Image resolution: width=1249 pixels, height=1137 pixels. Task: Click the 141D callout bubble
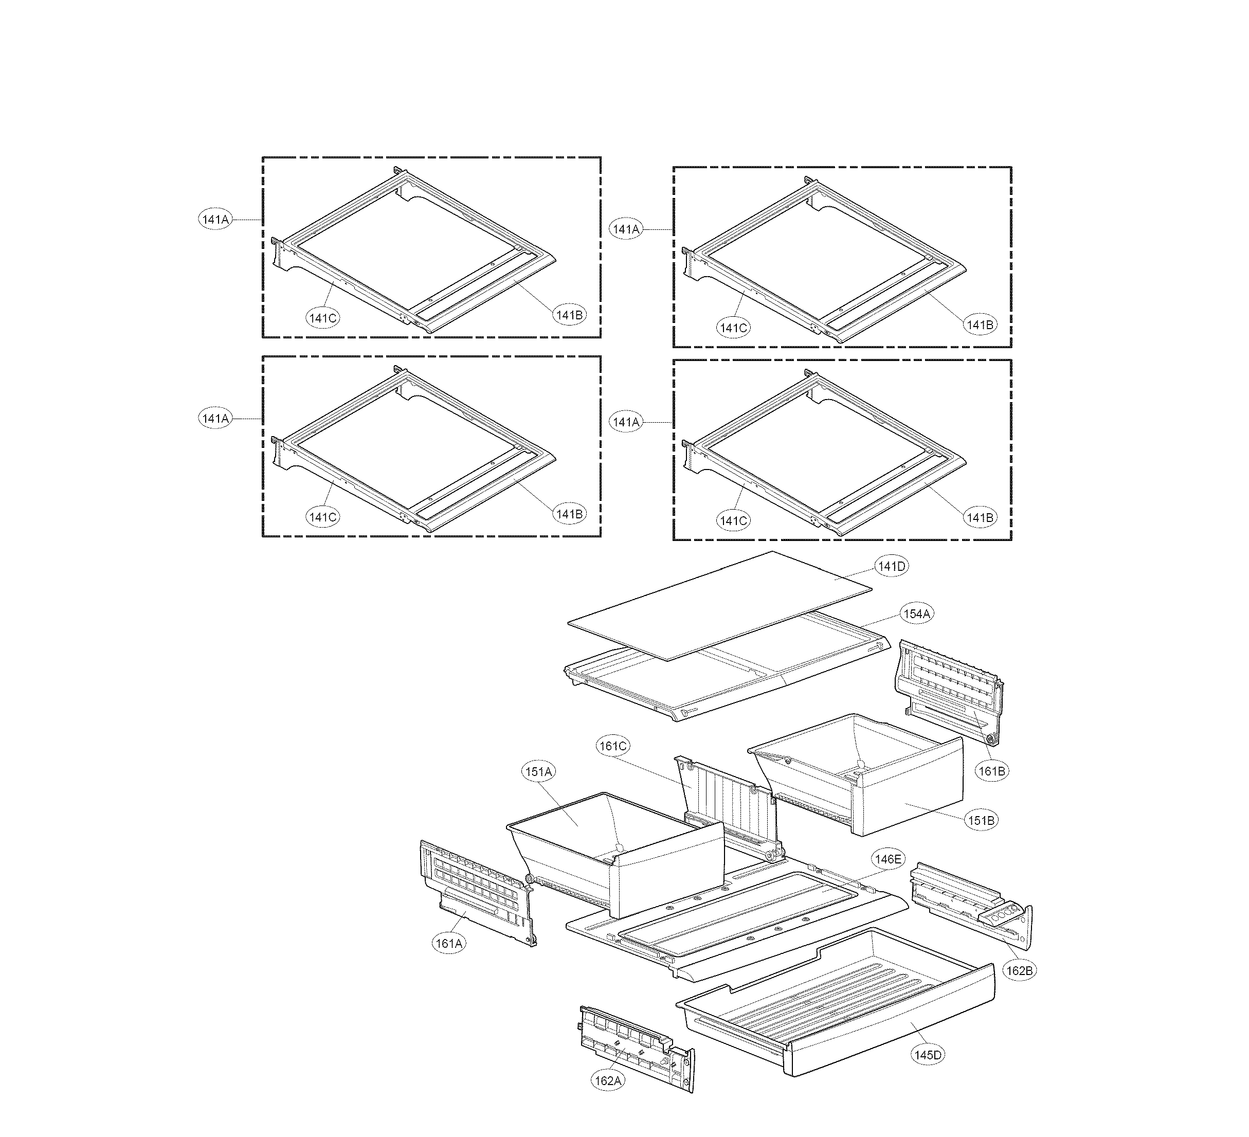pyautogui.click(x=892, y=566)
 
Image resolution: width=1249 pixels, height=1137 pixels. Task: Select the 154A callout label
pyautogui.click(x=917, y=613)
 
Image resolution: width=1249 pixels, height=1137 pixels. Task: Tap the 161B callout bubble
pyautogui.click(x=992, y=771)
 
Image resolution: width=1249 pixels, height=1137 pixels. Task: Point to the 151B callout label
pyautogui.click(x=981, y=820)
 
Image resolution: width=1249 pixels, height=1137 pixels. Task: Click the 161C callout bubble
pyautogui.click(x=613, y=746)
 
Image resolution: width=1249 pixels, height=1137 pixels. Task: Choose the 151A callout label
pyautogui.click(x=538, y=772)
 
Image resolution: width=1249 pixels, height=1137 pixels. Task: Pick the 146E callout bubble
pyautogui.click(x=888, y=859)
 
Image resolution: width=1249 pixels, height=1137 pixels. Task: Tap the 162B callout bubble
pyautogui.click(x=1019, y=971)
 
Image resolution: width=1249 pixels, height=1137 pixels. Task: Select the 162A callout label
pyautogui.click(x=608, y=1080)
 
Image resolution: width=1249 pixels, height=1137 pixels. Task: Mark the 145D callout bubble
pyautogui.click(x=928, y=1055)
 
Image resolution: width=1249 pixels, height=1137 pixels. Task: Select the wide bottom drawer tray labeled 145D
pyautogui.click(x=837, y=1004)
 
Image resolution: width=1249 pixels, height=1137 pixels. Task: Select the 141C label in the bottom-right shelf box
pyautogui.click(x=734, y=521)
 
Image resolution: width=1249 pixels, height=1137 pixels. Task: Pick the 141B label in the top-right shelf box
pyautogui.click(x=980, y=324)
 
